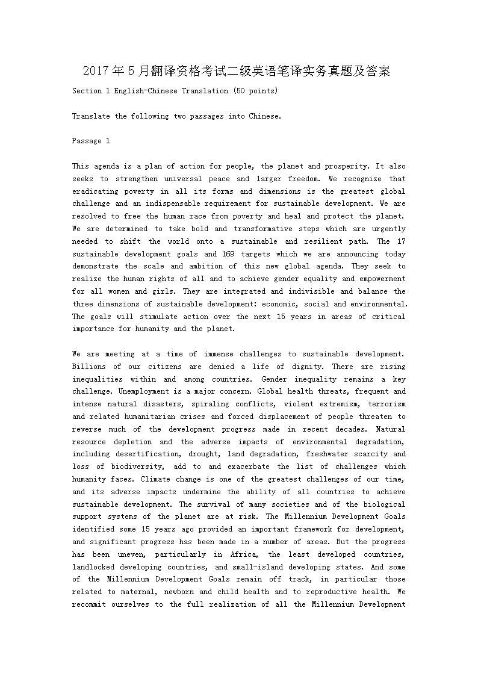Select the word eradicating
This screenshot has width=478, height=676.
click(96, 191)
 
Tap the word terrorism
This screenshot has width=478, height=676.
click(387, 404)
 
